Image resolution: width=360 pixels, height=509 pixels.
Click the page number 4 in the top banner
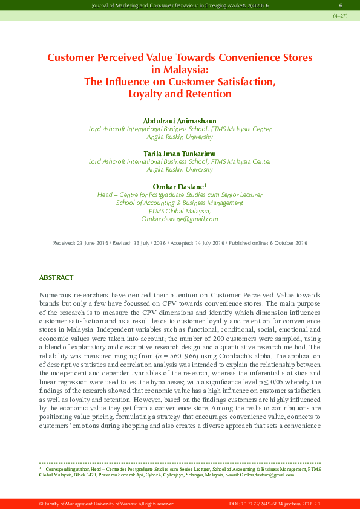[x=341, y=5]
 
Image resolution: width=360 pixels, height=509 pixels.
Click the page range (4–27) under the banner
[x=340, y=16]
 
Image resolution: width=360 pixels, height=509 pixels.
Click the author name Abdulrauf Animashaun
[x=180, y=121]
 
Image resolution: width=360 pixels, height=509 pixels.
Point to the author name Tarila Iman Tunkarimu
[x=180, y=154]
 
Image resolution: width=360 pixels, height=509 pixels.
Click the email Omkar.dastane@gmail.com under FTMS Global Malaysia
[x=180, y=219]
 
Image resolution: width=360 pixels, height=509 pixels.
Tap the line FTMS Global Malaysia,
[x=180, y=211]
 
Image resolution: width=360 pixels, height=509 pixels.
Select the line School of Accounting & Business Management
[x=180, y=203]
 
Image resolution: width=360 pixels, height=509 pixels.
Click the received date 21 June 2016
[x=91, y=243]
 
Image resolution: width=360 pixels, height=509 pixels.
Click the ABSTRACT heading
[x=56, y=277]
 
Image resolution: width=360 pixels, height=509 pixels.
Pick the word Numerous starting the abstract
[x=56, y=294]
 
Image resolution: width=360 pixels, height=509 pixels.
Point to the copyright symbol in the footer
[x=41, y=504]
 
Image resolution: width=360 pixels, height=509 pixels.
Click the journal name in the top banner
[x=171, y=5]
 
